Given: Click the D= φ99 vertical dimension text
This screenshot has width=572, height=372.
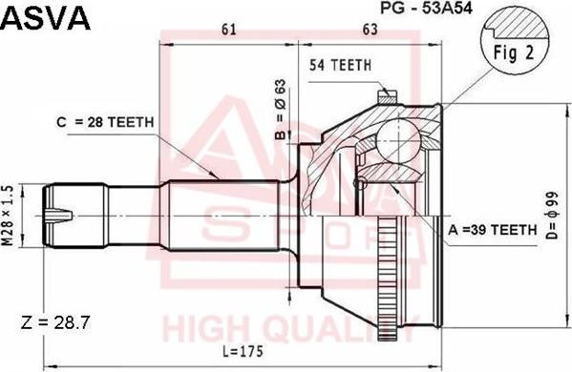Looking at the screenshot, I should point(552,218).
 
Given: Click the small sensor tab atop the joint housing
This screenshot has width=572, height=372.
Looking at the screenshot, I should point(386,94).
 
